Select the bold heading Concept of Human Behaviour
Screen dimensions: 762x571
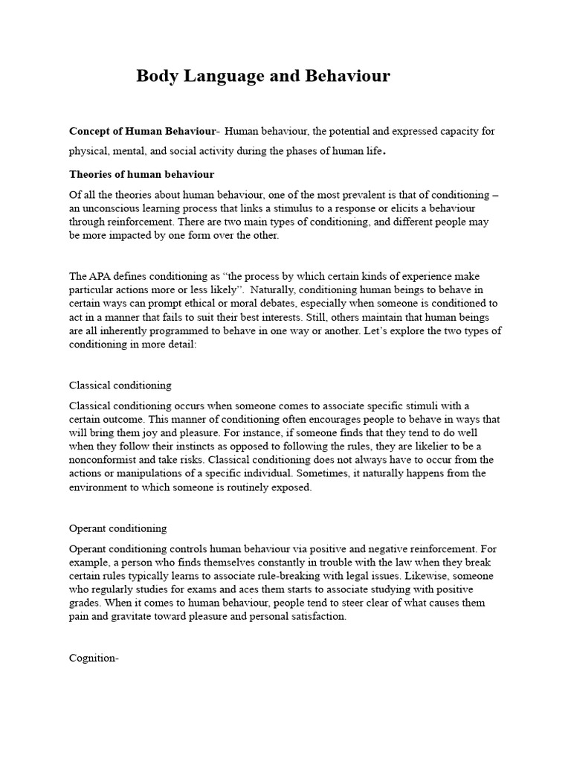(141, 131)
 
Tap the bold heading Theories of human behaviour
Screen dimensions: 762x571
(141, 174)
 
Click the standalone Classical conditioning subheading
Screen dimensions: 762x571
(120, 385)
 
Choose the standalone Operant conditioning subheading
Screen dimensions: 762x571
(117, 528)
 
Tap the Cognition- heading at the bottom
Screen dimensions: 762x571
(94, 657)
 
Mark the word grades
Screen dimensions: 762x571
(86, 603)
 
